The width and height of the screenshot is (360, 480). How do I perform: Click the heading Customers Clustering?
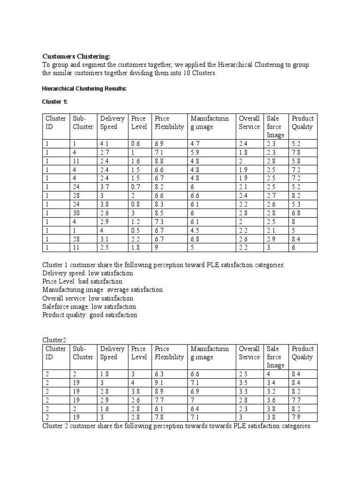point(76,56)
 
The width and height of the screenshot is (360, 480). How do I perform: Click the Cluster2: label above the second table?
point(55,340)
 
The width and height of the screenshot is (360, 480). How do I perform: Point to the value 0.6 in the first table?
point(135,144)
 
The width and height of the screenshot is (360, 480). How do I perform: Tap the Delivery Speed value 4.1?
point(105,144)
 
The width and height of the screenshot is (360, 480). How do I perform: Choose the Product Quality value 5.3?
point(296,204)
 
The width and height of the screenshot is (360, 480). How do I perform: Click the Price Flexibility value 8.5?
point(160,213)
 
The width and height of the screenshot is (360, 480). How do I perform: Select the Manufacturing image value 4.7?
point(195,144)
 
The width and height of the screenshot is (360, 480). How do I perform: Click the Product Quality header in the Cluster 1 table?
point(302,123)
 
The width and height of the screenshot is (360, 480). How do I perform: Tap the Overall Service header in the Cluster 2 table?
point(249,353)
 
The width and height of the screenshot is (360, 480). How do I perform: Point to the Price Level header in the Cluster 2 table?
point(139,353)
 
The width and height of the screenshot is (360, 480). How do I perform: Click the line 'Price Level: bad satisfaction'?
point(82,281)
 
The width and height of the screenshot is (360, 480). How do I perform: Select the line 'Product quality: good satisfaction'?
point(90,315)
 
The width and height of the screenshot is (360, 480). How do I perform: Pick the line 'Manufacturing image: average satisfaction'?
point(102,290)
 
